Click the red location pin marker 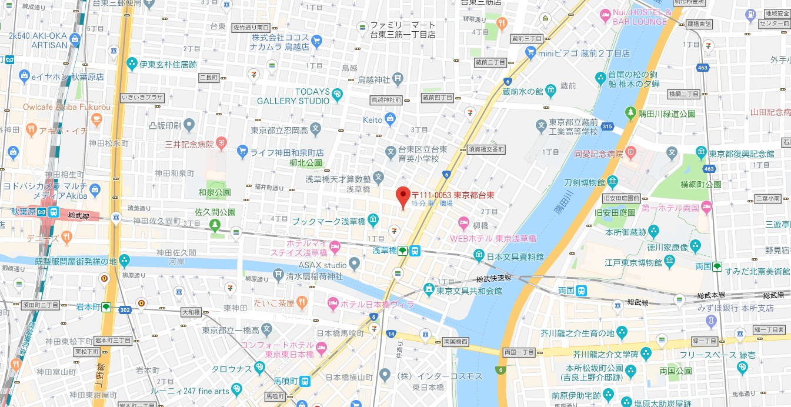[403, 196]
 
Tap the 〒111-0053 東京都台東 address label [452, 195]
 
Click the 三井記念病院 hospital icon [221, 142]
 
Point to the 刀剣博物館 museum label [584, 182]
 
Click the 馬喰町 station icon [304, 381]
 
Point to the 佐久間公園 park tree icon [215, 223]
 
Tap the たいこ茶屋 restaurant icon [302, 303]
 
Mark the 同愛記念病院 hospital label [598, 154]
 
